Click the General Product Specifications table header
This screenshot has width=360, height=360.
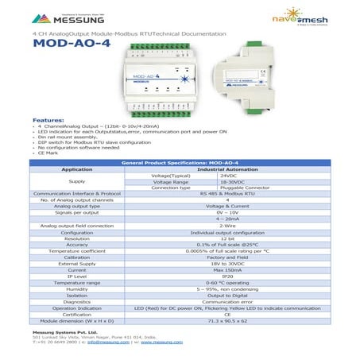point(180,162)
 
